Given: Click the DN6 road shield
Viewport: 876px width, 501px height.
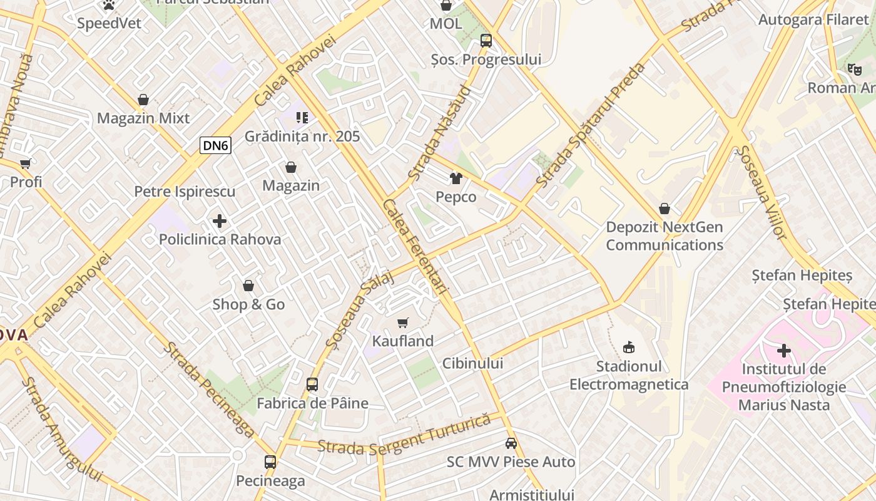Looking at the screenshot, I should [x=216, y=146].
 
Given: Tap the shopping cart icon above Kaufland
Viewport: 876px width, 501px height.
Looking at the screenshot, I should [x=403, y=323].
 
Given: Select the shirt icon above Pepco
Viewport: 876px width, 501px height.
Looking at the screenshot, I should [x=456, y=179].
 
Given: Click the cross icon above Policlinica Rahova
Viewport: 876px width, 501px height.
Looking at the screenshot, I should [x=220, y=221].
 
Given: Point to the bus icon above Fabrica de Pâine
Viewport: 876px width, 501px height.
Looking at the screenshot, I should [x=312, y=385].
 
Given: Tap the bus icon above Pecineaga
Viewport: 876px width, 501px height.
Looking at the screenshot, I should [x=270, y=462].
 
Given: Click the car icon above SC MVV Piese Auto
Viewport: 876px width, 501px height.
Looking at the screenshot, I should [x=511, y=443].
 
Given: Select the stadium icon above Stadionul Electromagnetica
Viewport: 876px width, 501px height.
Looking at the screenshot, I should [x=629, y=347].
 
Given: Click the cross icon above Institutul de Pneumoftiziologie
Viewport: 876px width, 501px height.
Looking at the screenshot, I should [x=784, y=351].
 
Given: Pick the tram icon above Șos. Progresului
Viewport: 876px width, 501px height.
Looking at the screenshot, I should [x=486, y=41].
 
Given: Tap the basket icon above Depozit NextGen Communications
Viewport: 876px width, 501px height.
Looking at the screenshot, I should [x=665, y=209].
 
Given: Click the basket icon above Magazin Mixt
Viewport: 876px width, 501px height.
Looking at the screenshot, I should [x=143, y=100].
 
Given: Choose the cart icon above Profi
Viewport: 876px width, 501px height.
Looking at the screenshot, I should [x=26, y=164].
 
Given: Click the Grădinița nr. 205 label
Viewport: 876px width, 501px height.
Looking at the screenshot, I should [x=302, y=136].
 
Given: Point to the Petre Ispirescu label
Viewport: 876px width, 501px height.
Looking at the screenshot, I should [x=185, y=191].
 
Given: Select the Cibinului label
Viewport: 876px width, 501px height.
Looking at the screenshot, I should [x=472, y=363].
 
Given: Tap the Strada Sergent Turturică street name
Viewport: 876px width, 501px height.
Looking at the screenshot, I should [x=404, y=436].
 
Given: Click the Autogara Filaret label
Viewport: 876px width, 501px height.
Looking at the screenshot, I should [x=813, y=19].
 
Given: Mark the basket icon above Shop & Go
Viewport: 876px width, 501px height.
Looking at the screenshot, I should [x=248, y=286].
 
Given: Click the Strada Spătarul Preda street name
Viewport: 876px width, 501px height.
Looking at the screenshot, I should [x=591, y=125].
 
